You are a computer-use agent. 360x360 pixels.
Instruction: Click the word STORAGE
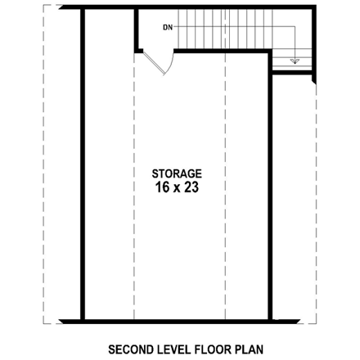(x=177, y=173)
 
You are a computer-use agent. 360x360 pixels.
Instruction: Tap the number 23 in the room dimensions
(x=190, y=187)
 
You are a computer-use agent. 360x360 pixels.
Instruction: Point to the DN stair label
(x=168, y=28)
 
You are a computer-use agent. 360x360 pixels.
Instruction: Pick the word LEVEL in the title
(x=170, y=349)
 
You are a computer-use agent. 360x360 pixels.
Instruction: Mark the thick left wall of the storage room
(x=83, y=164)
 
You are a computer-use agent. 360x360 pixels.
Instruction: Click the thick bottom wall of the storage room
(x=177, y=321)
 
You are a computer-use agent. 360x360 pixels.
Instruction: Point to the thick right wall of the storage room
(x=271, y=188)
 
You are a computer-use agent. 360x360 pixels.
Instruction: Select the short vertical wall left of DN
(x=136, y=31)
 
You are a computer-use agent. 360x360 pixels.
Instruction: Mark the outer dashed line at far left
(x=55, y=164)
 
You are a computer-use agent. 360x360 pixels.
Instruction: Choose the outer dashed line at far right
(x=315, y=205)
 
